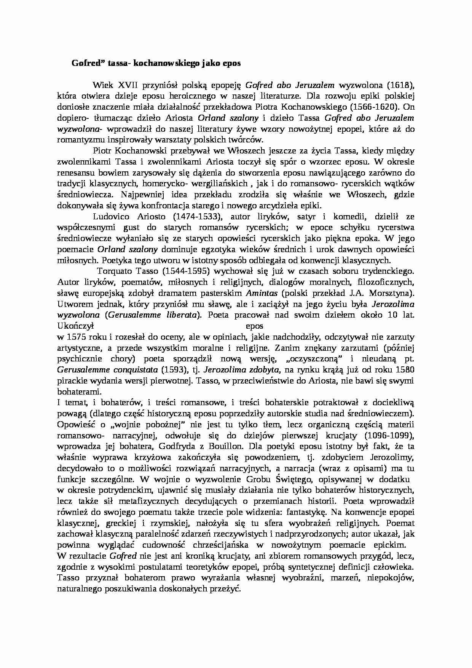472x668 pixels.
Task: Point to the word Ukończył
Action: coord(75,326)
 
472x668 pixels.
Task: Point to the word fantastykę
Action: coord(306,512)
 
